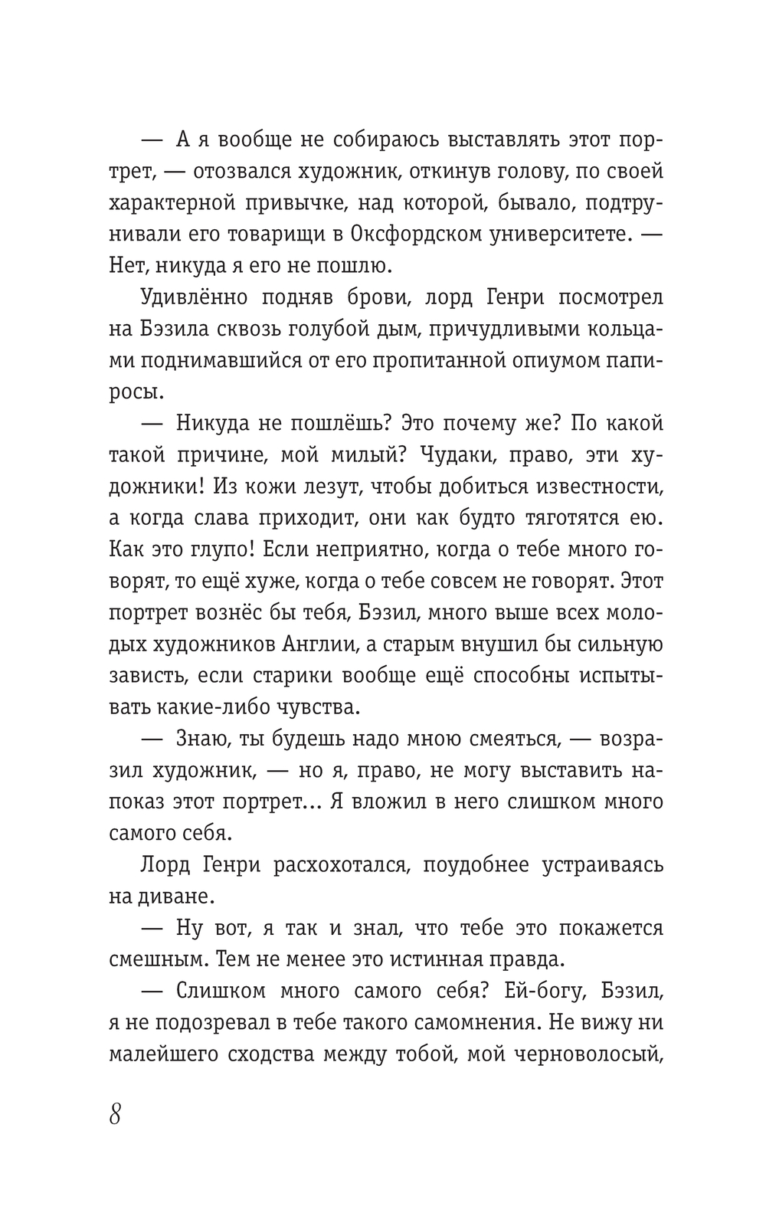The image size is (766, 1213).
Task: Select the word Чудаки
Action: point(470,455)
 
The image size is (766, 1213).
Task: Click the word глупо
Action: point(226,549)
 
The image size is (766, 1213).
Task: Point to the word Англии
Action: point(325,644)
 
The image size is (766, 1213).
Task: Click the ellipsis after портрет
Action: point(322,803)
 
